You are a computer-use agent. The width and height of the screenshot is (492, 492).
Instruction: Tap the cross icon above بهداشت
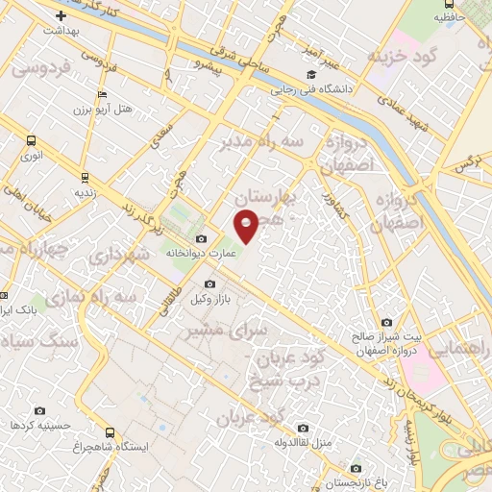tap(61, 15)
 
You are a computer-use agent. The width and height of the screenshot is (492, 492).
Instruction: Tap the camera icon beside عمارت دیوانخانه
tap(200, 238)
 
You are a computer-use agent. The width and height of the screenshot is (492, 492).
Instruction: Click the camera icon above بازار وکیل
tap(210, 284)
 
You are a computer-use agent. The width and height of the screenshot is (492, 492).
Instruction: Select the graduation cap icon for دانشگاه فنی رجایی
tap(310, 76)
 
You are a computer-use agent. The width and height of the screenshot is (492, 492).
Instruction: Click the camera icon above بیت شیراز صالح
tap(386, 323)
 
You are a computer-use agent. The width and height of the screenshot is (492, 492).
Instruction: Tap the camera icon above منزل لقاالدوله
tap(303, 428)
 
